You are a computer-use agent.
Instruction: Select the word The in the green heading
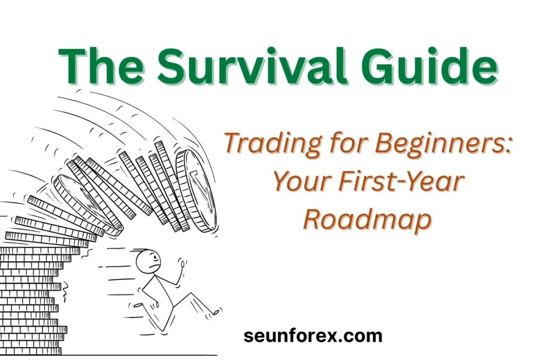(x=101, y=65)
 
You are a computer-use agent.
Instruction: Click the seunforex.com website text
(x=313, y=336)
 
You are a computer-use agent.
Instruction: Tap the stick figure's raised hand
(x=182, y=265)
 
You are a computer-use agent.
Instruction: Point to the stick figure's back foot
(x=137, y=305)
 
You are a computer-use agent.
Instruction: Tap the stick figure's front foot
(x=215, y=312)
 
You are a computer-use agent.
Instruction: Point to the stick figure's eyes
(x=154, y=258)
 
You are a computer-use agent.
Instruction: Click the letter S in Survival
(x=173, y=66)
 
